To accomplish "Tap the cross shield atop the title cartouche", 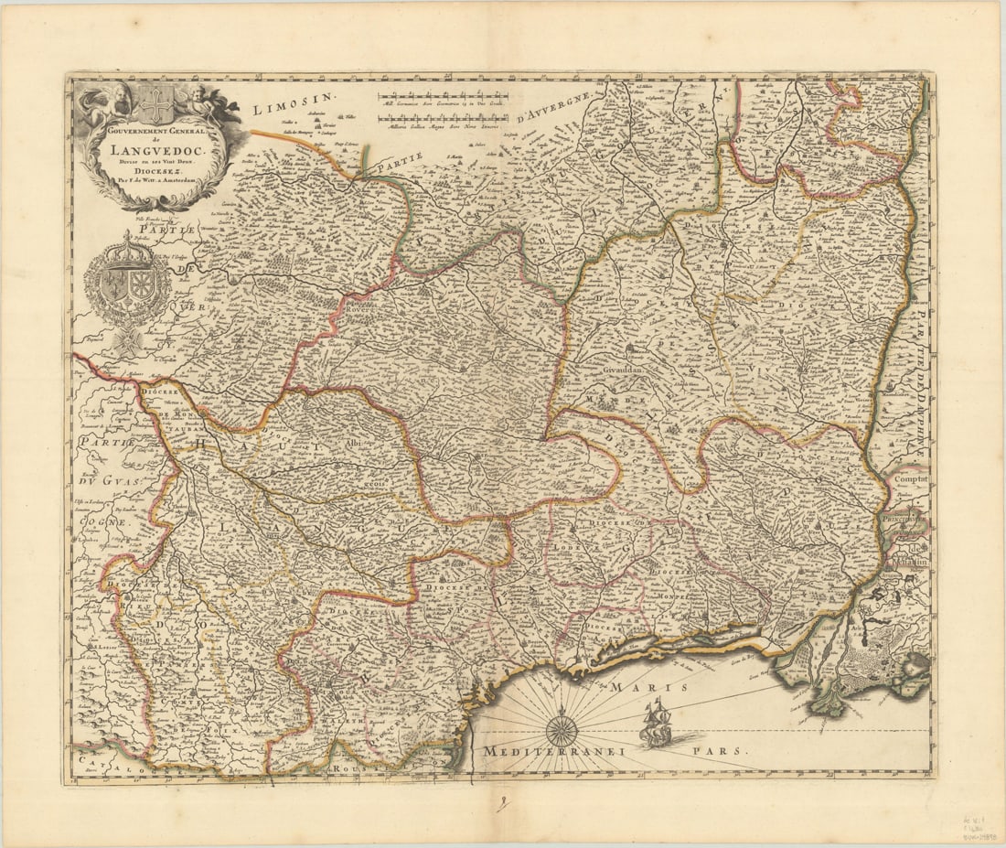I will tap(156, 105).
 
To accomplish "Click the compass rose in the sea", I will tap(561, 729).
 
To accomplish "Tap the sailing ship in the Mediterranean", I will tap(657, 721).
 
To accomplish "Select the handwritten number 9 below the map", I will tap(500, 805).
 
